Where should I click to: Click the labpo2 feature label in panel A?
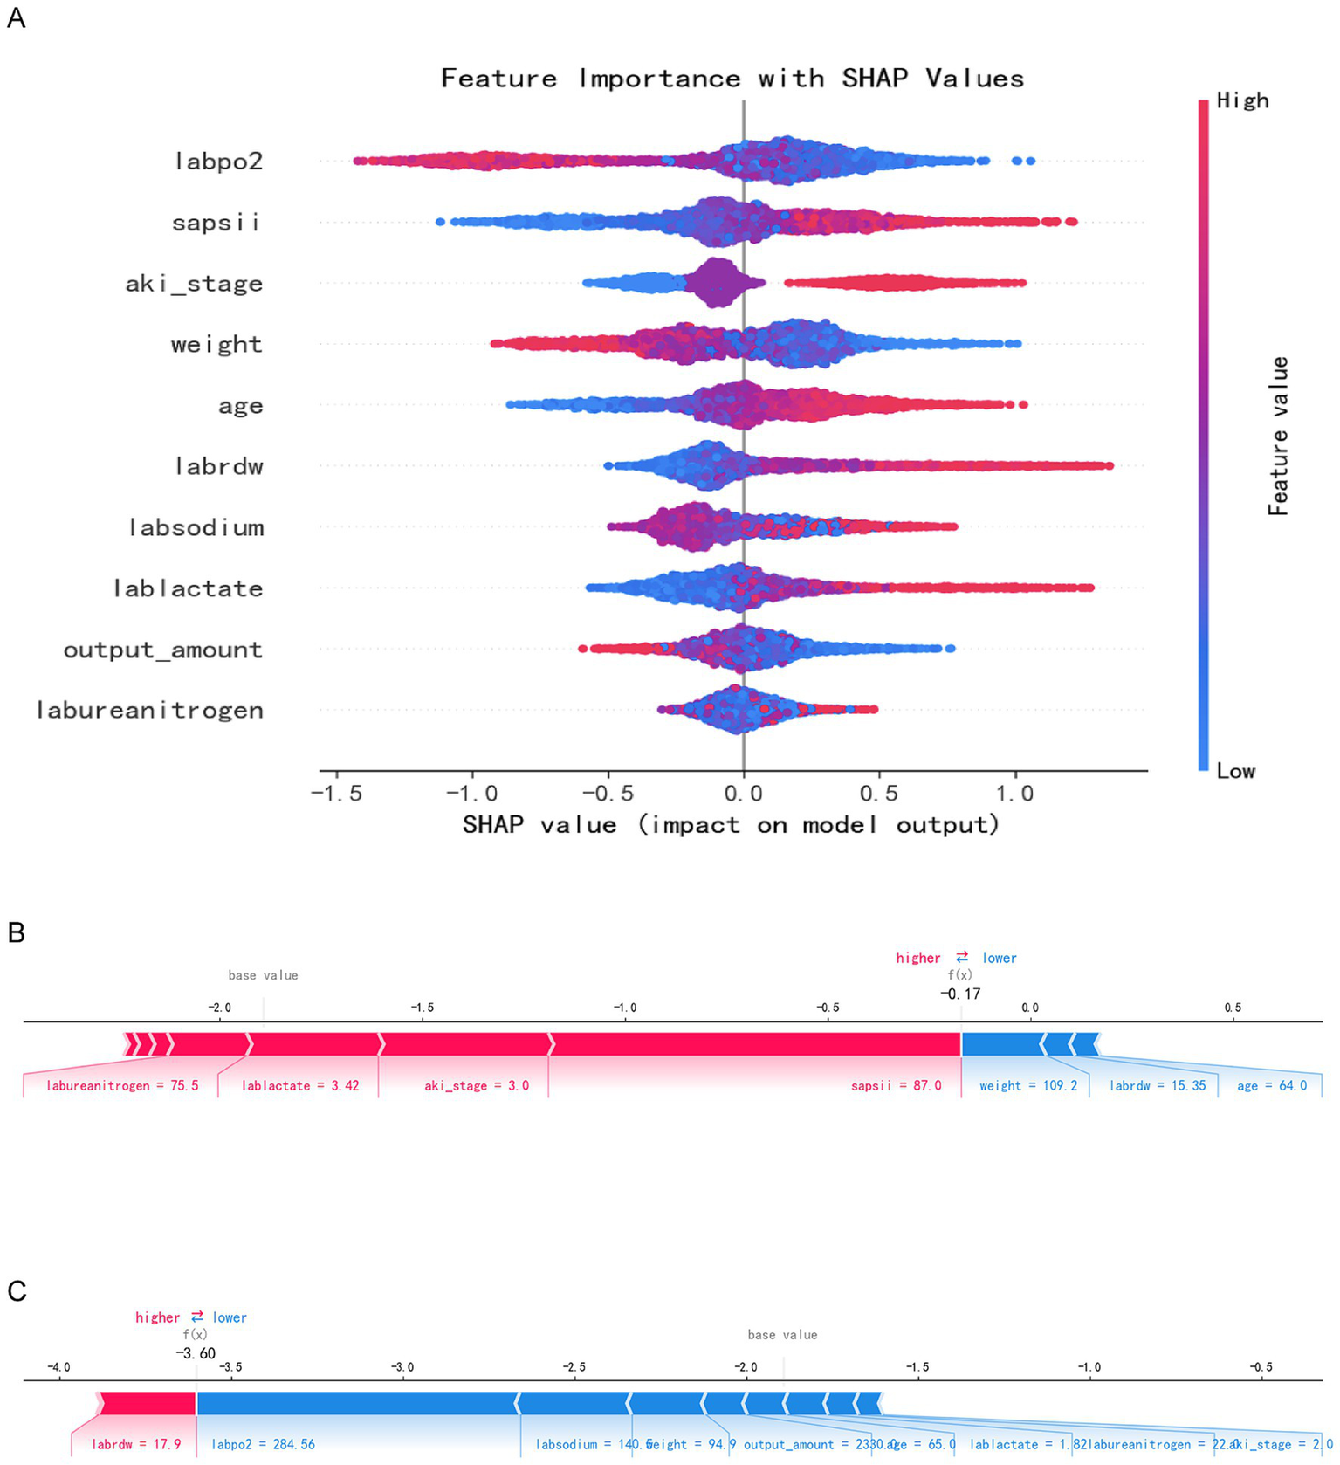pos(218,162)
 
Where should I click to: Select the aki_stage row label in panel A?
pos(194,284)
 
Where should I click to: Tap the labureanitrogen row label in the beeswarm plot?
pos(149,711)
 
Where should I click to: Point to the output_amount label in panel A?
pos(162,650)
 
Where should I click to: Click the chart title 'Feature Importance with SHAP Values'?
pos(732,79)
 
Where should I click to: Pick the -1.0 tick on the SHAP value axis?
pos(472,794)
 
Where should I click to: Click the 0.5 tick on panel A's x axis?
pos(879,794)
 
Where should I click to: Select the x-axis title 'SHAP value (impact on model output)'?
pos(731,825)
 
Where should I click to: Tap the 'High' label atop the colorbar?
pos(1242,101)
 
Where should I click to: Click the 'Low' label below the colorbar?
pos(1235,772)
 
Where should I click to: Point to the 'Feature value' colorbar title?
pos(1278,436)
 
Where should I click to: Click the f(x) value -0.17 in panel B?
pos(960,994)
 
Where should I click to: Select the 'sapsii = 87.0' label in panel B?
pos(896,1086)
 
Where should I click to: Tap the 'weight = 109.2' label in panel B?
pos(1027,1086)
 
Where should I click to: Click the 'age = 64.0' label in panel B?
pos(1272,1086)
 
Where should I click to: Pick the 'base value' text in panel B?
pos(263,975)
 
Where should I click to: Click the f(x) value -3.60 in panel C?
pos(195,1353)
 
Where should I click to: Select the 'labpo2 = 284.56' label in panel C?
pos(263,1445)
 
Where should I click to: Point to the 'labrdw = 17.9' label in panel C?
pos(136,1445)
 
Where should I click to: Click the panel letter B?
pos(16,932)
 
